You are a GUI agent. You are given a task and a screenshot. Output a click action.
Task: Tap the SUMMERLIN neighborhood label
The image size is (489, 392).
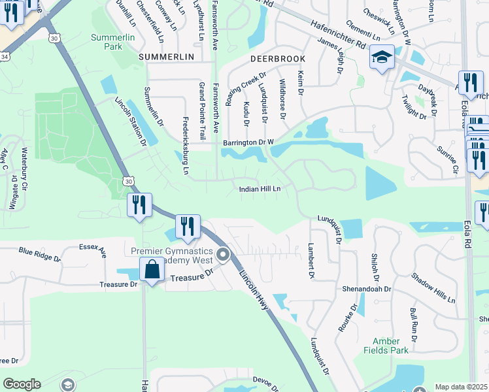(x=167, y=57)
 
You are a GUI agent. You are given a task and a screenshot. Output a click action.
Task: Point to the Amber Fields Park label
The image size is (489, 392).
(x=386, y=346)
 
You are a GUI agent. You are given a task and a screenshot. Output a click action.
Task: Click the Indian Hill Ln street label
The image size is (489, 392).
(x=260, y=189)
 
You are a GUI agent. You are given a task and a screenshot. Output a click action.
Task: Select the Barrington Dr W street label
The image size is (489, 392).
(x=248, y=141)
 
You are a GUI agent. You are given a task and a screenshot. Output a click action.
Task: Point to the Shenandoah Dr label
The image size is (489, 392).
(x=366, y=289)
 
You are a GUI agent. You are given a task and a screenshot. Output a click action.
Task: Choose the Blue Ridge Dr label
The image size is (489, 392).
(x=39, y=254)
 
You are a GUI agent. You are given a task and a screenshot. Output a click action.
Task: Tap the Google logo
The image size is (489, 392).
(x=22, y=384)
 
